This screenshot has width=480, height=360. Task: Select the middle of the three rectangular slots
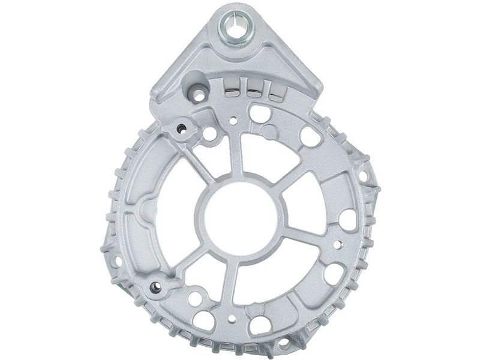pyautogui.click(x=254, y=90)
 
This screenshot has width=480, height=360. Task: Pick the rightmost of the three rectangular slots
pyautogui.click(x=275, y=92)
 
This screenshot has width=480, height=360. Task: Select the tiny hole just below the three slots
pyautogui.click(x=233, y=121)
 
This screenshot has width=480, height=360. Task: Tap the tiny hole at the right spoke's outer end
pyautogui.click(x=337, y=245)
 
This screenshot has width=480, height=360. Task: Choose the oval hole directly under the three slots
pyautogui.click(x=259, y=113)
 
